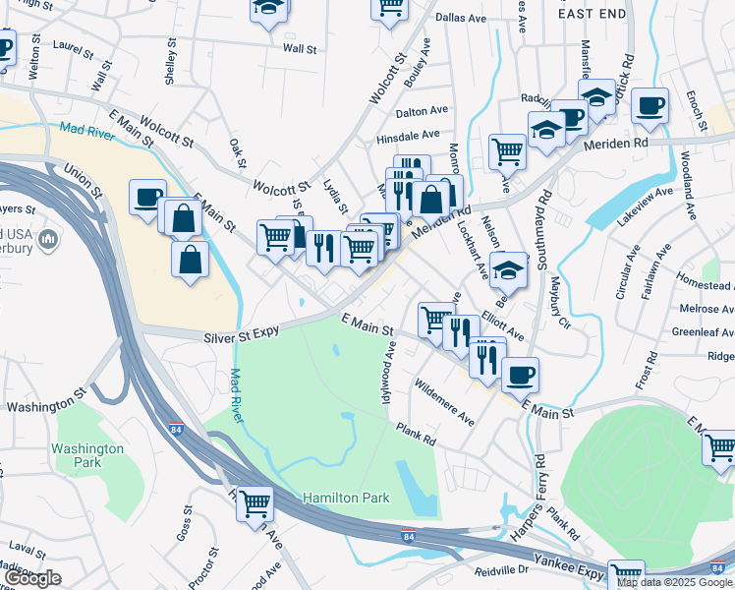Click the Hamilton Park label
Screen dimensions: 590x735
pyautogui.click(x=339, y=499)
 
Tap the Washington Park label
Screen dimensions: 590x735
pyautogui.click(x=88, y=455)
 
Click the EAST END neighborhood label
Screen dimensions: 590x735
pyautogui.click(x=593, y=14)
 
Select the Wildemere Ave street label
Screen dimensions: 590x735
pyautogui.click(x=444, y=402)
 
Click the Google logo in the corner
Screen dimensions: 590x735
pyautogui.click(x=31, y=578)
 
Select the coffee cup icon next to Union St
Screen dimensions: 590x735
pyautogui.click(x=146, y=197)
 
